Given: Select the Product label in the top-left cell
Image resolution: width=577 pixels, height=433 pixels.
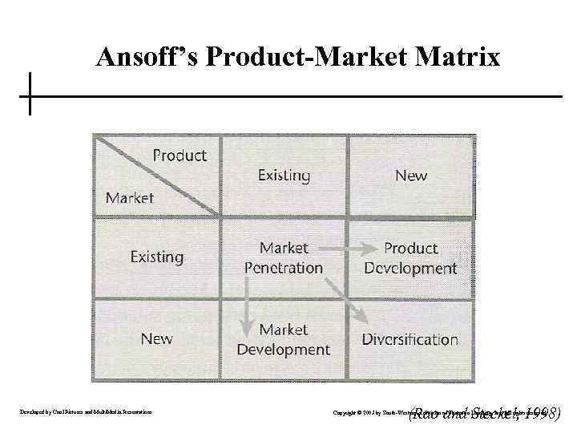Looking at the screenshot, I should pos(180,156).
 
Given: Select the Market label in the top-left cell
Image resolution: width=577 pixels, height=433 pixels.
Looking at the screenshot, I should pos(130,197).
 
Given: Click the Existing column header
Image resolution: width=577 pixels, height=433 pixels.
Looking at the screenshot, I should pos(284,175).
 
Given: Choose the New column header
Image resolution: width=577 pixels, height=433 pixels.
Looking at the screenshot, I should pos(411,175).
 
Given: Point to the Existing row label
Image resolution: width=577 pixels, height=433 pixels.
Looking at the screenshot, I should pos(157,257).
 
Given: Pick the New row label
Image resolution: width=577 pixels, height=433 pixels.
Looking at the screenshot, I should pos(156,338).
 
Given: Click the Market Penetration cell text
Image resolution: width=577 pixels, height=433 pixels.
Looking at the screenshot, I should pos(284,257).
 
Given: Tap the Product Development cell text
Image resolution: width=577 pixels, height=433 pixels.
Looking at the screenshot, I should pos(410,257).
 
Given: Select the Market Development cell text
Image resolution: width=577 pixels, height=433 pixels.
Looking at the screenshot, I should pos(284,339).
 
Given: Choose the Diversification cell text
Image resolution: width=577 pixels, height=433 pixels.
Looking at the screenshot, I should pos(410,339).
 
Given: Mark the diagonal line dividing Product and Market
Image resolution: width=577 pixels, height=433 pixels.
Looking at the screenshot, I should pos(157,176).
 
